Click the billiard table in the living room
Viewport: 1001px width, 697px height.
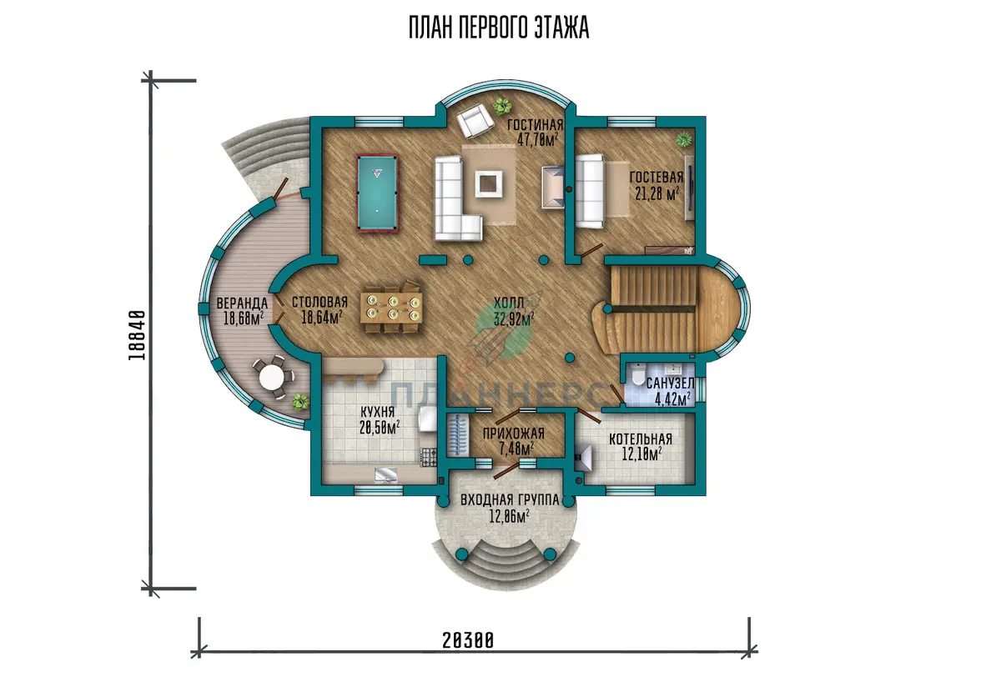[x=377, y=193]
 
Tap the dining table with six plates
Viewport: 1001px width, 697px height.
[x=392, y=308]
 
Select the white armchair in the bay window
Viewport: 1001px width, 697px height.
[x=475, y=120]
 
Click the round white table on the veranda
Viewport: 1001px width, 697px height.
[x=272, y=377]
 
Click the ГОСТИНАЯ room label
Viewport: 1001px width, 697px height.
[x=535, y=124]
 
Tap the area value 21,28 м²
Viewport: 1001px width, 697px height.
[x=657, y=193]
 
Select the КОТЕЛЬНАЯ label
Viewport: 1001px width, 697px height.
[x=641, y=439]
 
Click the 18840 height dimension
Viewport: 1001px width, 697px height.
[x=137, y=335]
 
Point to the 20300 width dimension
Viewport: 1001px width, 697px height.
[x=468, y=640]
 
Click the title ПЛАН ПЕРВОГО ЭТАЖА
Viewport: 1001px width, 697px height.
[x=499, y=28]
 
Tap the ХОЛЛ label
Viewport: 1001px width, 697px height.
[x=509, y=303]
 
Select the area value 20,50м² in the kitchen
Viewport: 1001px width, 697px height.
[x=380, y=428]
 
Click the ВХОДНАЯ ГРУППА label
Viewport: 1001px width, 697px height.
[x=510, y=499]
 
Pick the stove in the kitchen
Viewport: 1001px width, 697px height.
[x=428, y=457]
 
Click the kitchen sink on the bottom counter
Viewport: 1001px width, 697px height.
[x=385, y=474]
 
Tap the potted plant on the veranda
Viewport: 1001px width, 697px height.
[x=299, y=402]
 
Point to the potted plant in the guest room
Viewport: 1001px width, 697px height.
[x=684, y=140]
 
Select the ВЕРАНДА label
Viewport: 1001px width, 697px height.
[x=242, y=303]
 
